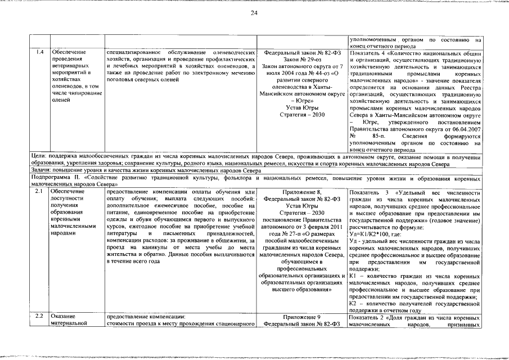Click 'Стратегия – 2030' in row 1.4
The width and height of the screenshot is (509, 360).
tap(303, 115)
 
